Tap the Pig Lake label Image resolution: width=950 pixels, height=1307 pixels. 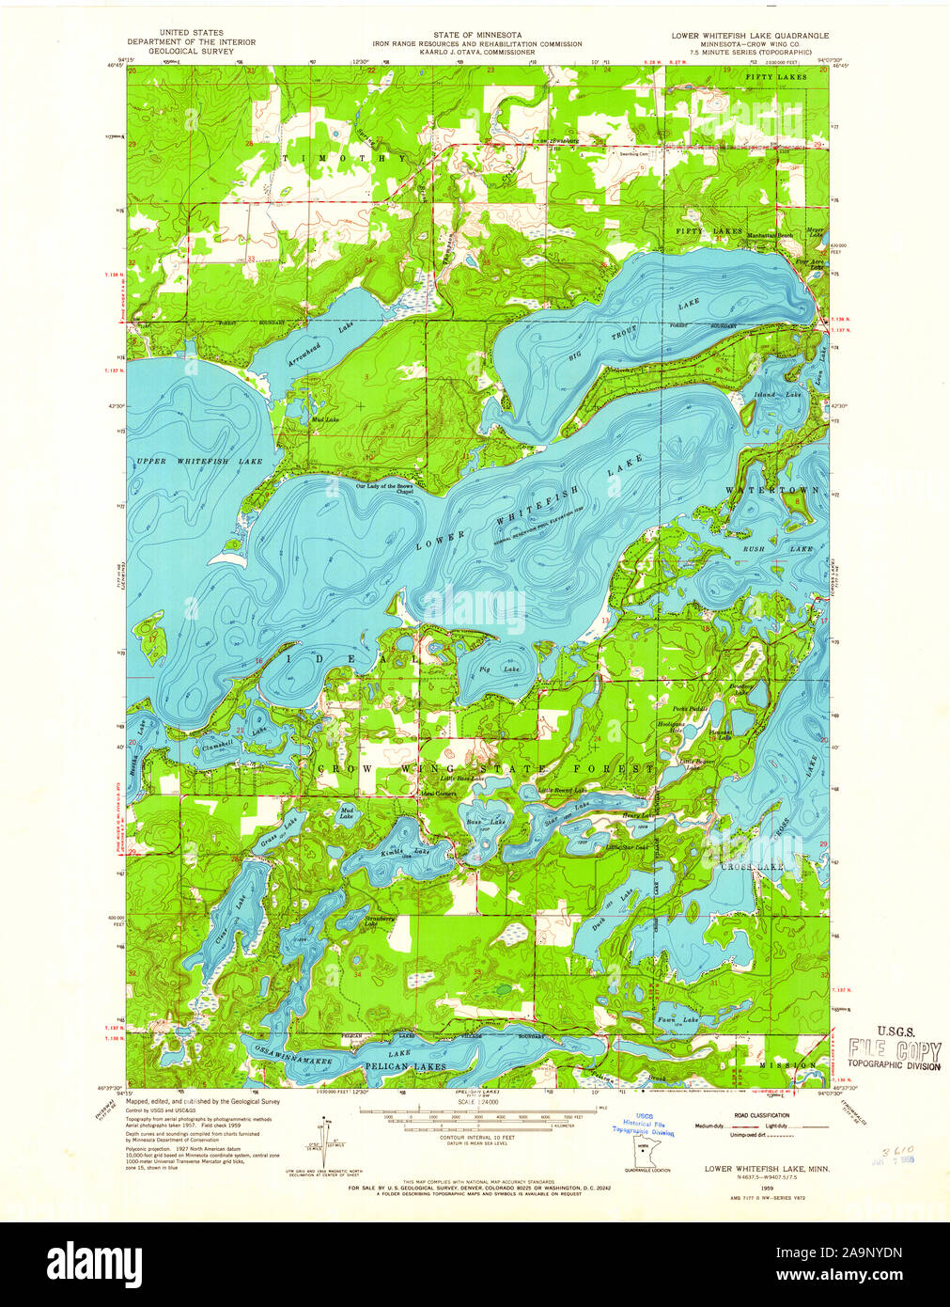tap(485, 669)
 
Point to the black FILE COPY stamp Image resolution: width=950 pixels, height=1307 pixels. tap(894, 1049)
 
